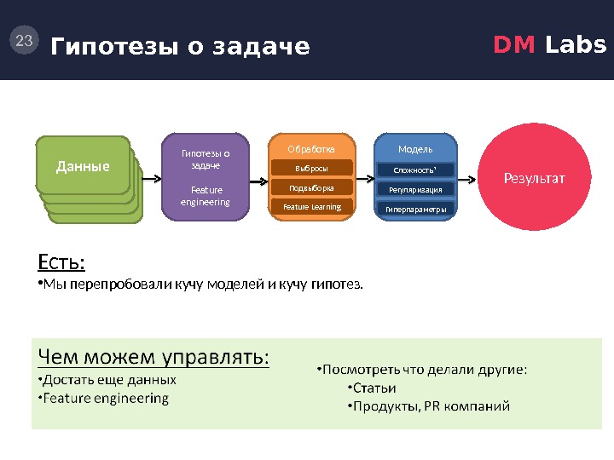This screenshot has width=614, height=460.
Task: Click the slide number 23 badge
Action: click(x=25, y=41)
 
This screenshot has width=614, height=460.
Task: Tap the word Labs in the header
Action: click(x=576, y=44)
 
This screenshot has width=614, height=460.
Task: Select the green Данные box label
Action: click(x=83, y=166)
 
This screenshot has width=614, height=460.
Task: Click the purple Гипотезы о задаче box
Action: click(x=206, y=177)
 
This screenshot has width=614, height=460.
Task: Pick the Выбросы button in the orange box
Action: click(x=311, y=168)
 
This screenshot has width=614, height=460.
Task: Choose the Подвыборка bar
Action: click(x=311, y=187)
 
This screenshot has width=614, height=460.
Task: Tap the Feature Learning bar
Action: click(x=311, y=207)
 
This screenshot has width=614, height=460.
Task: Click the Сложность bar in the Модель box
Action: click(x=416, y=170)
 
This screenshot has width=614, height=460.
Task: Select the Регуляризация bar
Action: click(x=416, y=189)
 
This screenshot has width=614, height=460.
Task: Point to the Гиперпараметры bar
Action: click(x=416, y=209)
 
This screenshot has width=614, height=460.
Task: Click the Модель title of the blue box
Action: click(x=416, y=149)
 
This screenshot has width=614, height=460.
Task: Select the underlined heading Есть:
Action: click(x=62, y=259)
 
